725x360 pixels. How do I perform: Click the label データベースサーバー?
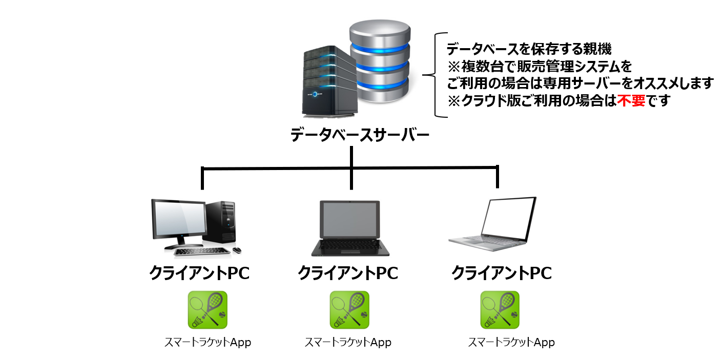tap(360, 135)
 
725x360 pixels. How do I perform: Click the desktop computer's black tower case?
tap(221, 221)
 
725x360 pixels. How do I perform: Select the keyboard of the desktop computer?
tap(201, 251)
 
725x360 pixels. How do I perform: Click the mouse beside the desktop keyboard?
tap(237, 250)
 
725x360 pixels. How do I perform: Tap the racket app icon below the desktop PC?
tap(208, 310)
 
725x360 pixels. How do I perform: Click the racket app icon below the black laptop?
tap(349, 310)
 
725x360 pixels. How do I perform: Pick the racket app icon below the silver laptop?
tap(500, 310)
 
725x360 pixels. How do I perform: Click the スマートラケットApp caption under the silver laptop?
tap(511, 342)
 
